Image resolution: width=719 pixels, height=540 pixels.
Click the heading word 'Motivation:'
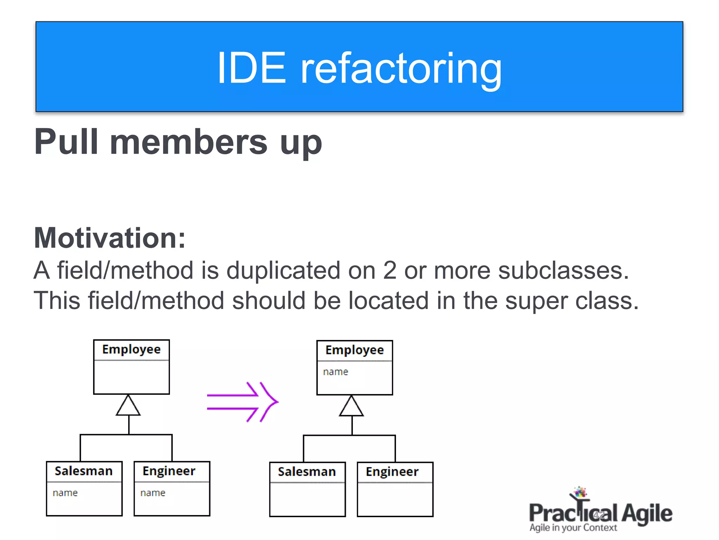110,238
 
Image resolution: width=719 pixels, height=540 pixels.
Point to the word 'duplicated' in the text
283,270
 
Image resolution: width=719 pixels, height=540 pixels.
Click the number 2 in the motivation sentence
389,270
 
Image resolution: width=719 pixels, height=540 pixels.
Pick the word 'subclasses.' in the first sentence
563,270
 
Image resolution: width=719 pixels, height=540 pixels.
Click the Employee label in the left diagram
131,349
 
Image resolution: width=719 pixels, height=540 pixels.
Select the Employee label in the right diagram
355,350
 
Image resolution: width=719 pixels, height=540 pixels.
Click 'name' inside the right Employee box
336,372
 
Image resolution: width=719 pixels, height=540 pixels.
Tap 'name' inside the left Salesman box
65,493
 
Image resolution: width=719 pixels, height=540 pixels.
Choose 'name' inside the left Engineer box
153,493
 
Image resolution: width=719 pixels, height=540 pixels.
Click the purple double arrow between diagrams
242,402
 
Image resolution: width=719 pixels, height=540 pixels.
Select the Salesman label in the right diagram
307,472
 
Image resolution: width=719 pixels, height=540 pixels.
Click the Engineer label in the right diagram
392,472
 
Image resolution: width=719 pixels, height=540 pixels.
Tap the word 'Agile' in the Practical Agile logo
647,514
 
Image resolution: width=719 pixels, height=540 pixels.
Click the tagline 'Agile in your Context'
573,528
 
